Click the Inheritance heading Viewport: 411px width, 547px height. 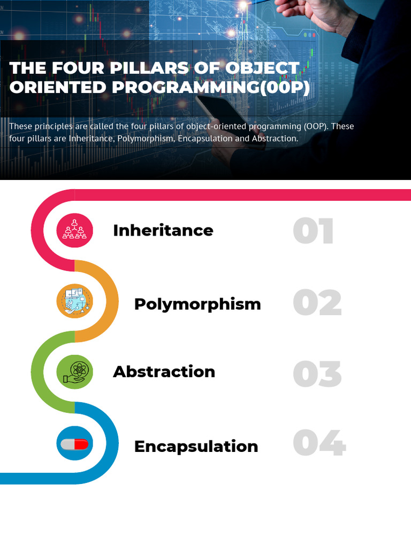point(163,230)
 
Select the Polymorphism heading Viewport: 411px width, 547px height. point(197,304)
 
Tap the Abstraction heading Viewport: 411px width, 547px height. point(164,372)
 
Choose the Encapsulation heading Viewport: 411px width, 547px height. point(196,446)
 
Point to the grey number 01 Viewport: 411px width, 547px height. point(314,231)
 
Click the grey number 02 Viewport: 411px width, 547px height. point(317,303)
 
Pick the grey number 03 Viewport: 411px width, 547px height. point(317,374)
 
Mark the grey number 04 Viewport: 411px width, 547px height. point(319,444)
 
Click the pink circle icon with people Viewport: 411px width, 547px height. point(75,230)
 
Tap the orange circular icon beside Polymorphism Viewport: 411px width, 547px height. point(75,301)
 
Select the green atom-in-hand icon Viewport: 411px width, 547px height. point(75,372)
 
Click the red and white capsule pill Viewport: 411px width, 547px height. point(75,443)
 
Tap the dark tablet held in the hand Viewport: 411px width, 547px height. point(219,112)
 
